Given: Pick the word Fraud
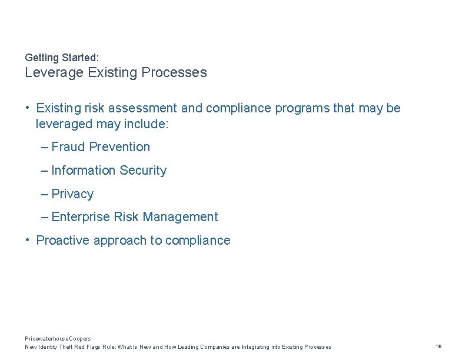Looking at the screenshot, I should coord(68,147).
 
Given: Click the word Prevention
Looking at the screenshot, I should coord(119,147).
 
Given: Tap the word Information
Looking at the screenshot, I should coord(84,171).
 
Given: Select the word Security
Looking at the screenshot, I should coord(143,171).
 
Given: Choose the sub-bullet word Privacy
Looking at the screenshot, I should coord(72,194).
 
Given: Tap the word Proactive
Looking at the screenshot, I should coord(63,241).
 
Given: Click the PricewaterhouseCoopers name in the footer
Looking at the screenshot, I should coord(58,339).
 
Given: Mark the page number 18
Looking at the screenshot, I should coord(439,346).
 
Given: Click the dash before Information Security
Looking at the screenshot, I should coord(45,171).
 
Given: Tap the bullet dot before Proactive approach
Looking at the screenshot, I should coord(28,240).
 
